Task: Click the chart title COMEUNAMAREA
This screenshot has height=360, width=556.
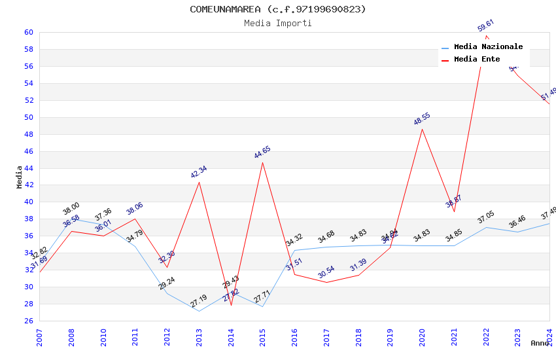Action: click(278, 9)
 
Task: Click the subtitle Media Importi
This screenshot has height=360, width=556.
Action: click(278, 24)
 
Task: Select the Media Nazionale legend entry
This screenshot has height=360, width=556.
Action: click(488, 47)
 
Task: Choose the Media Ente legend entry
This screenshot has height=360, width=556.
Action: click(477, 60)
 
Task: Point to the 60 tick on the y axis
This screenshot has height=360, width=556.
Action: click(29, 32)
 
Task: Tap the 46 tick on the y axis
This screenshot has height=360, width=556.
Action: click(29, 151)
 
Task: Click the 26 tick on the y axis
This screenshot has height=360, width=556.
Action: click(29, 321)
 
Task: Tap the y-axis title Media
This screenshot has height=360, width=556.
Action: click(20, 177)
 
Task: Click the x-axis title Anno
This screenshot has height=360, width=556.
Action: click(540, 343)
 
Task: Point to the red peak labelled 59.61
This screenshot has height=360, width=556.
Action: click(486, 35)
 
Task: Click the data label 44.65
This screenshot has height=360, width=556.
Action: click(262, 153)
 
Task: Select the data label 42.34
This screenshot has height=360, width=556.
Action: click(199, 172)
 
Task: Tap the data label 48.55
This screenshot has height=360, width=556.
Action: click(422, 119)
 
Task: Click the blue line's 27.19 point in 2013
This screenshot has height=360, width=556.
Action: click(199, 311)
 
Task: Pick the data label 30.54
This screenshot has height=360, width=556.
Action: click(326, 272)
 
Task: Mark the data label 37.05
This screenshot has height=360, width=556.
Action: click(485, 217)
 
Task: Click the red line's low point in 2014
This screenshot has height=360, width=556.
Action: click(231, 305)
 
